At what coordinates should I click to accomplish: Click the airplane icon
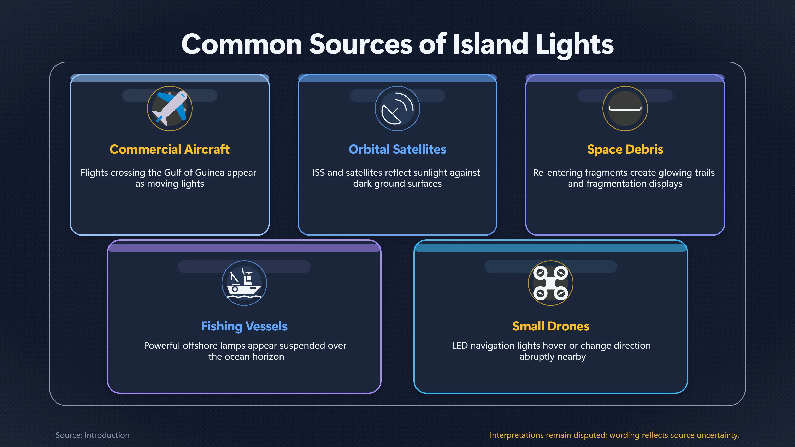coord(170,108)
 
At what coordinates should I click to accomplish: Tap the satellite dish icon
coord(397,108)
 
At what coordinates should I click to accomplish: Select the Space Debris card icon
coord(625,108)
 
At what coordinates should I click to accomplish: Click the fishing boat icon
coord(244,283)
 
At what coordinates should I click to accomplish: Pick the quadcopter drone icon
coord(550,283)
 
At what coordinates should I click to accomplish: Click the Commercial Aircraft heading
coord(170,149)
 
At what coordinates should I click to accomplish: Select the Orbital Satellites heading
coord(397,149)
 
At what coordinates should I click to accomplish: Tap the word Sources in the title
coord(361,44)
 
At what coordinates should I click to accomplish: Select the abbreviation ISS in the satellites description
coord(318,172)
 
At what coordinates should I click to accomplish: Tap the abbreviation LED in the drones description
coord(460,346)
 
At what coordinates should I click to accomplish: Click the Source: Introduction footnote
coord(93,435)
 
